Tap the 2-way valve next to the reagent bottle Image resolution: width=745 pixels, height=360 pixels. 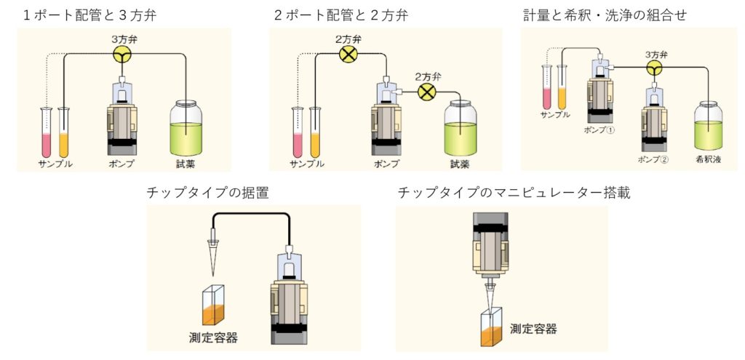(x=428, y=92)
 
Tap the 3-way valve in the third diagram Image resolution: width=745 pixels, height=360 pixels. (x=656, y=68)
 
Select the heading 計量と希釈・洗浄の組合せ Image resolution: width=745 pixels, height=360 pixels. (x=605, y=15)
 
